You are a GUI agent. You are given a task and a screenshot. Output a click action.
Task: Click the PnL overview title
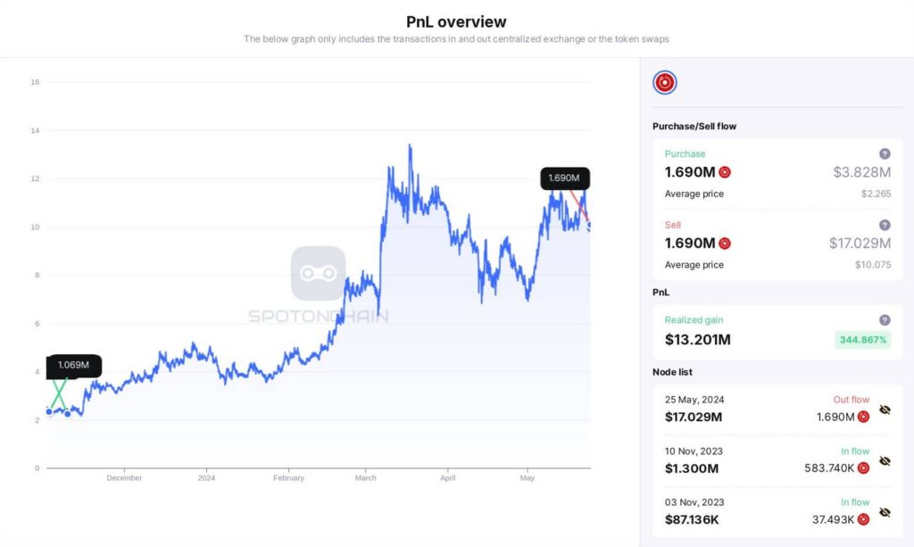[x=456, y=21]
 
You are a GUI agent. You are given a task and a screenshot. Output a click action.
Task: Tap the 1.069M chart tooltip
[x=74, y=365]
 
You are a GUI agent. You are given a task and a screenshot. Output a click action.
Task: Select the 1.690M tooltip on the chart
[x=564, y=178]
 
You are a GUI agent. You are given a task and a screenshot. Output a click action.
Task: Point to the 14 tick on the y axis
[x=35, y=130]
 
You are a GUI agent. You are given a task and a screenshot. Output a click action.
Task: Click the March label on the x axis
[x=366, y=478]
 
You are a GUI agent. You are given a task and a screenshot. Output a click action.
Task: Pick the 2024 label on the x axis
[x=206, y=478]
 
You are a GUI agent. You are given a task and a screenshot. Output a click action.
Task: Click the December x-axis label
[x=124, y=478]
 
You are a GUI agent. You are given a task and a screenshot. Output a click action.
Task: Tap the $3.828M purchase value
[x=861, y=172]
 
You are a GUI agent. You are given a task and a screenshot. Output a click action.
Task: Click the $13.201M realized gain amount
[x=698, y=340]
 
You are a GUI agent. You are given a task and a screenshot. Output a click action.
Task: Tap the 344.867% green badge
[x=862, y=340]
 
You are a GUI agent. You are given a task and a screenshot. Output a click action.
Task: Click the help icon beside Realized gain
[x=885, y=319]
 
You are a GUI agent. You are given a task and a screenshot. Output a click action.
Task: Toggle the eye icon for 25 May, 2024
[x=885, y=410]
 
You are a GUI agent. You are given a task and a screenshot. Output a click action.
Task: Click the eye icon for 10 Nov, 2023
[x=885, y=461]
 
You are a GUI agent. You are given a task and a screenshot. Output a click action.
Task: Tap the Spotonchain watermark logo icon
[x=318, y=273]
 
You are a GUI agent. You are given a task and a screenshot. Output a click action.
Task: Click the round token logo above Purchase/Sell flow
[x=665, y=83]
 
